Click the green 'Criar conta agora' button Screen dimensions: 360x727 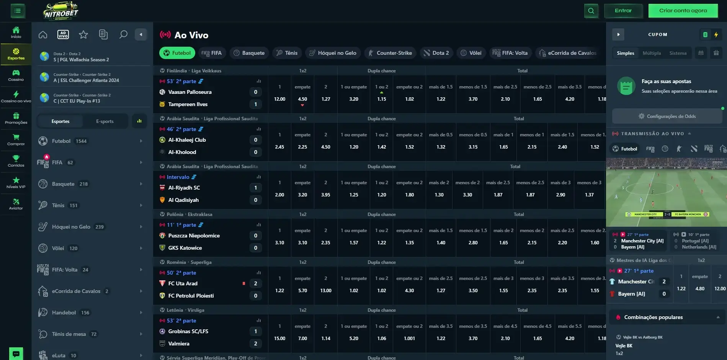click(683, 11)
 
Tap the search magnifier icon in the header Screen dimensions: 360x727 click(591, 11)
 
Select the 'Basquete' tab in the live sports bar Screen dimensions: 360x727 click(249, 53)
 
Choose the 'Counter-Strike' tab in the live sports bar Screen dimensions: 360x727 click(390, 53)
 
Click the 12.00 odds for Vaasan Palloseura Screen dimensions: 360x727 click(279, 99)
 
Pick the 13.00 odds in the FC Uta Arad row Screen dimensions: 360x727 click(325, 290)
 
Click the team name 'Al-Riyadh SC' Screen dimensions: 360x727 click(184, 188)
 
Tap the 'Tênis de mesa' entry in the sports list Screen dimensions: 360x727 click(69, 334)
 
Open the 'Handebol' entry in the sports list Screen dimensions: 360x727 click(64, 313)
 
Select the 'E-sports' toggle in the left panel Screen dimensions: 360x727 click(105, 121)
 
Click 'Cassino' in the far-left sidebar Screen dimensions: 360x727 click(16, 75)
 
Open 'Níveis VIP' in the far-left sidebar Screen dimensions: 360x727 click(16, 183)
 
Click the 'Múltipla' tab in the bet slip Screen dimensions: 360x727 click(652, 53)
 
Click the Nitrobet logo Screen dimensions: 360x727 click(60, 11)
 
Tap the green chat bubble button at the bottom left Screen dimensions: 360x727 click(16, 353)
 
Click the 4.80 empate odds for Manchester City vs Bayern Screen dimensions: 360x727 click(700, 288)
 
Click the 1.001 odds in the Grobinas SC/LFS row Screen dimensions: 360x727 click(409, 338)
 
